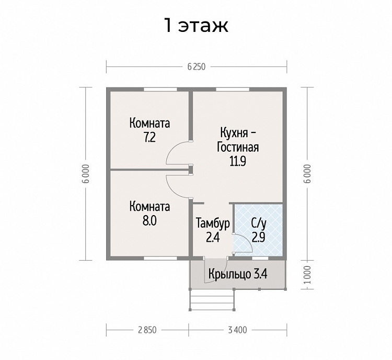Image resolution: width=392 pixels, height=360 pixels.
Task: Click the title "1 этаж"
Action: [x=196, y=25]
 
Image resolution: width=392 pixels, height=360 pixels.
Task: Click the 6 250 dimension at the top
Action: [x=196, y=67]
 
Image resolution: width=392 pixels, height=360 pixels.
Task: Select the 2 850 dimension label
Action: [x=147, y=330]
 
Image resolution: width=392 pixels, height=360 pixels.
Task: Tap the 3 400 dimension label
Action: [x=237, y=330]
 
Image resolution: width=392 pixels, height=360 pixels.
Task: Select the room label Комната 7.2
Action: [x=150, y=130]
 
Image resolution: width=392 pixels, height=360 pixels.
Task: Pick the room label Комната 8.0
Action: [x=150, y=213]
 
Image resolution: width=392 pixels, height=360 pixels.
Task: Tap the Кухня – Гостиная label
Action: [x=238, y=146]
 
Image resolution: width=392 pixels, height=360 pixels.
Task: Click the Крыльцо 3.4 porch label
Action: [x=238, y=274]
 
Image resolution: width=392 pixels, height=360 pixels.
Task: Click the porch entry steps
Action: [x=211, y=300]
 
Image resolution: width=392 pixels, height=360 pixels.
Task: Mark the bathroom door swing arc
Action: [x=241, y=243]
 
